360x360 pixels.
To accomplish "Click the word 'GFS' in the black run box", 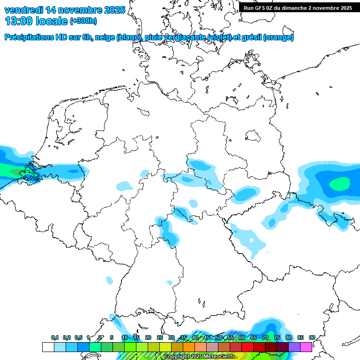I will coord(260,7).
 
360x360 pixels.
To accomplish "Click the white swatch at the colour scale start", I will coord(48,347).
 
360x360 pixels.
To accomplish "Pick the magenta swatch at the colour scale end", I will coord(306,347).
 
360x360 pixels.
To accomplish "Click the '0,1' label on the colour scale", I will coord(55,337).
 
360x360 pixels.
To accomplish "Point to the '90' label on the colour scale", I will coord(312,337).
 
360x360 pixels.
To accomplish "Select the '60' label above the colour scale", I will coord(241,337).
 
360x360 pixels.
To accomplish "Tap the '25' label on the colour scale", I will coord(160,337).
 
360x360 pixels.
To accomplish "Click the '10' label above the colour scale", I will coord(125,337).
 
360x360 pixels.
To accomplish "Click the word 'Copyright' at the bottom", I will coord(176,357).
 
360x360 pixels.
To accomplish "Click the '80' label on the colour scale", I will coord(288,337).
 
